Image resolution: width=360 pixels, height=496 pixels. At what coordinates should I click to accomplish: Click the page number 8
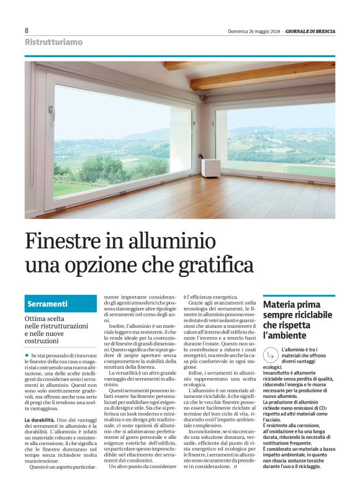click(x=27, y=30)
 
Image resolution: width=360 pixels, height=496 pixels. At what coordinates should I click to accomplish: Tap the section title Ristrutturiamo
click(x=53, y=42)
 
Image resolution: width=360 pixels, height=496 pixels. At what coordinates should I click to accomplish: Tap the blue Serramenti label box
click(x=61, y=304)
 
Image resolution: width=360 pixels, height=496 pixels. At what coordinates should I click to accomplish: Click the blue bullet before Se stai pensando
click(x=27, y=354)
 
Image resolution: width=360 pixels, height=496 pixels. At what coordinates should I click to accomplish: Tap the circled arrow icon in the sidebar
click(x=271, y=355)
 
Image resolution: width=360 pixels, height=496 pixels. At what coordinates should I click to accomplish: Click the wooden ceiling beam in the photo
click(x=261, y=78)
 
